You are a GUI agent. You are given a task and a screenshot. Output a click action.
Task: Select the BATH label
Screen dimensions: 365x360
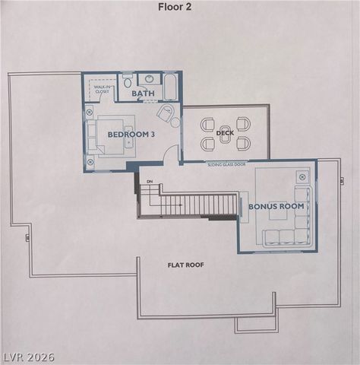tap(143, 94)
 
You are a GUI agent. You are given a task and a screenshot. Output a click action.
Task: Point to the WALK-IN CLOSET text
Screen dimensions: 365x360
tap(101, 89)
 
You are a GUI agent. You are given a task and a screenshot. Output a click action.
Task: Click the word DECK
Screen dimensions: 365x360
tap(225, 133)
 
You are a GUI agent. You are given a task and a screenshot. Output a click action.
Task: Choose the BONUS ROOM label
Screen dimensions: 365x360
tap(276, 206)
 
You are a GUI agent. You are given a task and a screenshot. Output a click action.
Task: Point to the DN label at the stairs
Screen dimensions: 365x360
tap(150, 182)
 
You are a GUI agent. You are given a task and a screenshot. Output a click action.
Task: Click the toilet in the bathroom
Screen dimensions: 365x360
tap(128, 80)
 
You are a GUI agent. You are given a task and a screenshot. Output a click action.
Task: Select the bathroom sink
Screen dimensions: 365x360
tap(149, 78)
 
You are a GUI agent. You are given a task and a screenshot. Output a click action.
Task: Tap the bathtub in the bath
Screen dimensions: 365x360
tap(171, 86)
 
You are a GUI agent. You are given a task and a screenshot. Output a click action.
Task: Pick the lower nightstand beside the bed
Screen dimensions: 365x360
tap(90, 162)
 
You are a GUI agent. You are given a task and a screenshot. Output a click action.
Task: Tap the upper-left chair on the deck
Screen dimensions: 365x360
tap(207, 123)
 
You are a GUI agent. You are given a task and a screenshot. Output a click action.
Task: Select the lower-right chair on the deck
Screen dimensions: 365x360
tap(243, 143)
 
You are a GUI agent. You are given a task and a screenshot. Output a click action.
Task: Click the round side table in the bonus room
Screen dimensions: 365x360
tap(302, 176)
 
